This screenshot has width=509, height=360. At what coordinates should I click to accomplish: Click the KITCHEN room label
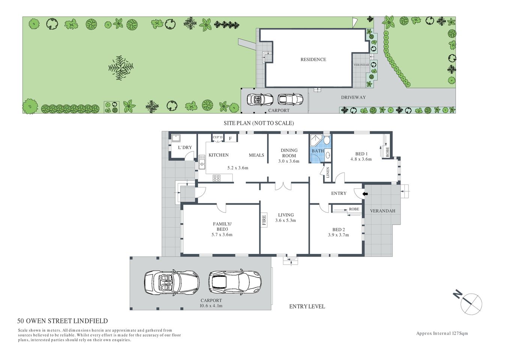point(219,155)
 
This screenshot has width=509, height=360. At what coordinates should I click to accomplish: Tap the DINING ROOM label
point(289,153)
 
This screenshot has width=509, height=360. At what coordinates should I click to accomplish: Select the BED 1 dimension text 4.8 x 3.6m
point(361,159)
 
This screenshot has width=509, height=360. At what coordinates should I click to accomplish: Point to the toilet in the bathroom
point(326,141)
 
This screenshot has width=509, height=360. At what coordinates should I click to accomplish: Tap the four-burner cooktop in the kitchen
point(217,178)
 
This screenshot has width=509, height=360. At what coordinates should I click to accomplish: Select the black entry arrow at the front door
point(365,193)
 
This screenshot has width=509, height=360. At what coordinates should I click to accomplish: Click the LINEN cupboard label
point(328,172)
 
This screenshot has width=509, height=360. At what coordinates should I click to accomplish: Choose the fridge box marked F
point(231,138)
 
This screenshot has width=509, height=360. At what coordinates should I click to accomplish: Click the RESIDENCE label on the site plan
point(313,59)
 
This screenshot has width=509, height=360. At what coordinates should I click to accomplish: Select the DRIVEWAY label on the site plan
point(353,97)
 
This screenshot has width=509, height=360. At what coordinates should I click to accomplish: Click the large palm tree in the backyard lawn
point(121,68)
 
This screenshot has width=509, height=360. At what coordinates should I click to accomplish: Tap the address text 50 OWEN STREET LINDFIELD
point(63,321)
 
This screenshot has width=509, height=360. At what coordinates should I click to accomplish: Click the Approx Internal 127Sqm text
point(442,333)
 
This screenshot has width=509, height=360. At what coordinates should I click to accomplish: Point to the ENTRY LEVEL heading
point(307,306)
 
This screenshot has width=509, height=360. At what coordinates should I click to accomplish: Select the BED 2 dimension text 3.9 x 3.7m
point(338,235)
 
